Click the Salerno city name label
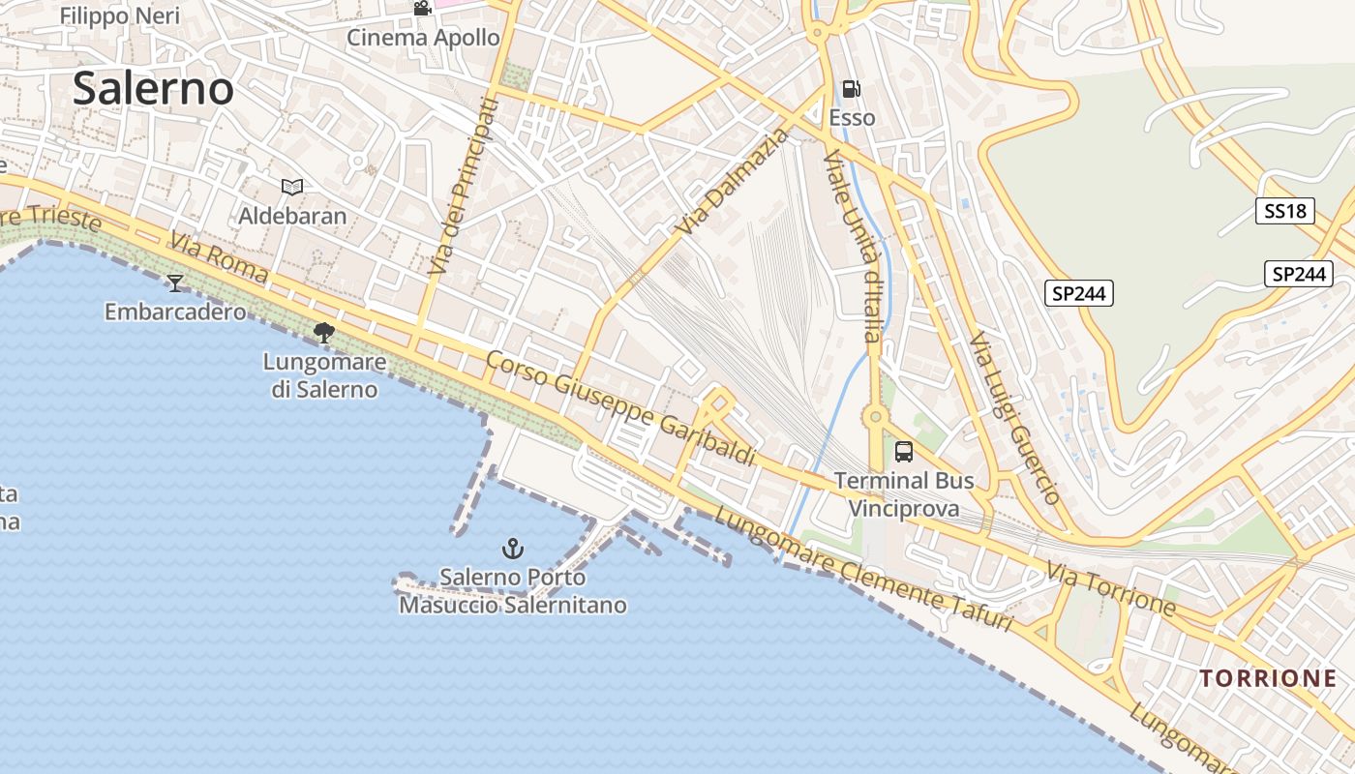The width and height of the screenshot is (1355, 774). click(153, 88)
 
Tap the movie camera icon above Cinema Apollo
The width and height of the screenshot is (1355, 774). click(422, 9)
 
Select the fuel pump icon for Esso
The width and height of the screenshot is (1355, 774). click(852, 89)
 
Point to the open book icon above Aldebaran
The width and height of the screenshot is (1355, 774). click(292, 187)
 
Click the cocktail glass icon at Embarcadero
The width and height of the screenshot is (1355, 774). click(175, 283)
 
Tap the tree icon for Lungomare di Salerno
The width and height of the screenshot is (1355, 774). click(324, 333)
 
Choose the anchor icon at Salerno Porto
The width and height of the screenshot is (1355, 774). click(512, 550)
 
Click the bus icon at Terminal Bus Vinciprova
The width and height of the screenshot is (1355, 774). click(903, 451)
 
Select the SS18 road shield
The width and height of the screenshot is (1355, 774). click(1284, 211)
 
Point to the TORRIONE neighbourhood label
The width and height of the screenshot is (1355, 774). click(1268, 678)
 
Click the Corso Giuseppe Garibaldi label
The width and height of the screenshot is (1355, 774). click(619, 407)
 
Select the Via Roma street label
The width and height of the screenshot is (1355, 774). click(219, 257)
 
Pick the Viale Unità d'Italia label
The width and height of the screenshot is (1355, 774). click(853, 246)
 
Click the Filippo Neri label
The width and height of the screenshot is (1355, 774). click(121, 15)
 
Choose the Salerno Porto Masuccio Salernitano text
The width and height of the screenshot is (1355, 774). click(512, 591)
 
